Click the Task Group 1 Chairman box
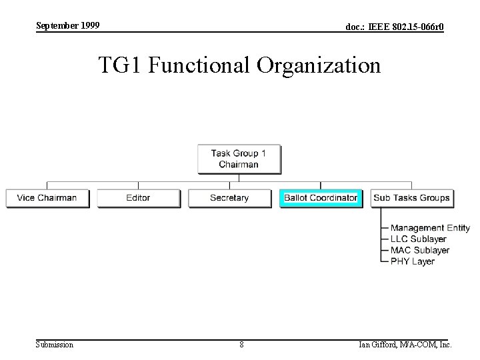(x=239, y=159)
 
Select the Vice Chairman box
(x=47, y=198)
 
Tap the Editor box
(x=138, y=198)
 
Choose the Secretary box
(x=229, y=198)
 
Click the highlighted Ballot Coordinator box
(x=321, y=198)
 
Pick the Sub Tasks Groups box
(x=411, y=198)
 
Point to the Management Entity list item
(x=430, y=228)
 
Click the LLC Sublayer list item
(x=418, y=239)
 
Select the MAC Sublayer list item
(x=420, y=250)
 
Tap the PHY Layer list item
(x=413, y=261)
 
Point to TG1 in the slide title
(x=121, y=66)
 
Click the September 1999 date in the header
(x=67, y=25)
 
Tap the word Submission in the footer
(x=55, y=345)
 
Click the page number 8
(x=241, y=345)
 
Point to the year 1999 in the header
(x=89, y=25)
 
